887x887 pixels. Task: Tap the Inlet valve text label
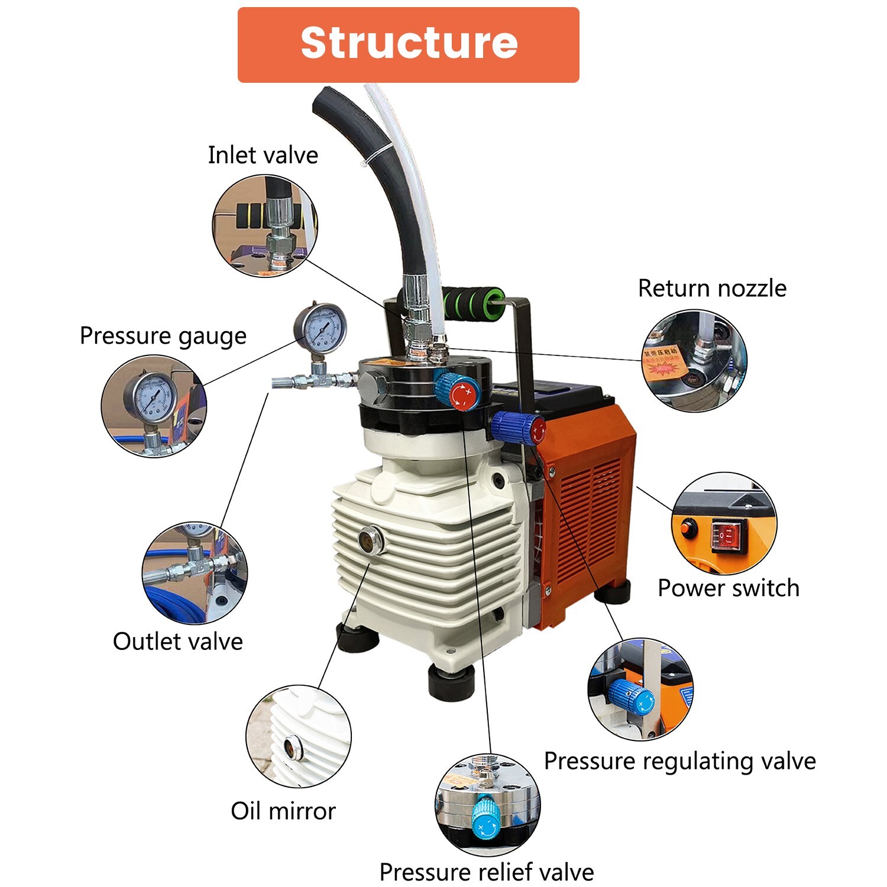263,156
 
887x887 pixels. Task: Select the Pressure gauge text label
163,336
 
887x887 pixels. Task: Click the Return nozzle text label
712,289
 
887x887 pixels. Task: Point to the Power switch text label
729,588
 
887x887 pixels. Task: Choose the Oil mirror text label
283,811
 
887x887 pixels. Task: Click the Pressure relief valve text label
487,872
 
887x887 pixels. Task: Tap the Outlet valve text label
178,642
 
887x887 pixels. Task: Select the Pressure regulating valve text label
680,761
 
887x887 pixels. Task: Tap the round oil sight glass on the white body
371,539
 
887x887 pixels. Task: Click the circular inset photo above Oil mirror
299,737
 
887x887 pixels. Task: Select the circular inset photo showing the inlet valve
265,226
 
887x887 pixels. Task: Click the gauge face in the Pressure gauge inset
151,397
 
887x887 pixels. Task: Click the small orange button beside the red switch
688,527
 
